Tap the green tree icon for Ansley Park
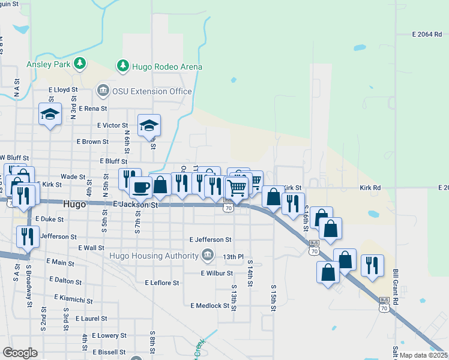coord(79,64)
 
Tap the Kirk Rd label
coord(370,188)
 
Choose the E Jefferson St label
coord(210,239)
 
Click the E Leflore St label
coord(162,283)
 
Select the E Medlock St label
coord(210,305)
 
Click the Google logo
coord(20,353)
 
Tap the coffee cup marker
coord(140,187)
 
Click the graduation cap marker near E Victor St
coord(149,125)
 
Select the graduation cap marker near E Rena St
coord(50,113)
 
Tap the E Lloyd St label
coord(64,89)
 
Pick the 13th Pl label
coord(233,257)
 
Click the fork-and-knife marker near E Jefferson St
coord(28,236)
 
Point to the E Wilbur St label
coord(217,273)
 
